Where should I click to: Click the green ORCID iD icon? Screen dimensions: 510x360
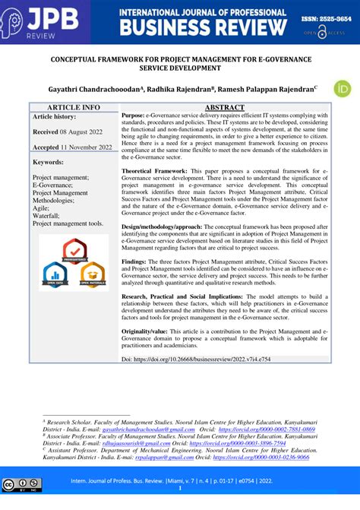click(342, 88)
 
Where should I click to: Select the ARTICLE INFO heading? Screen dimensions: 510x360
click(74, 108)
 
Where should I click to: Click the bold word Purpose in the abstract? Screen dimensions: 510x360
click(135, 116)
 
